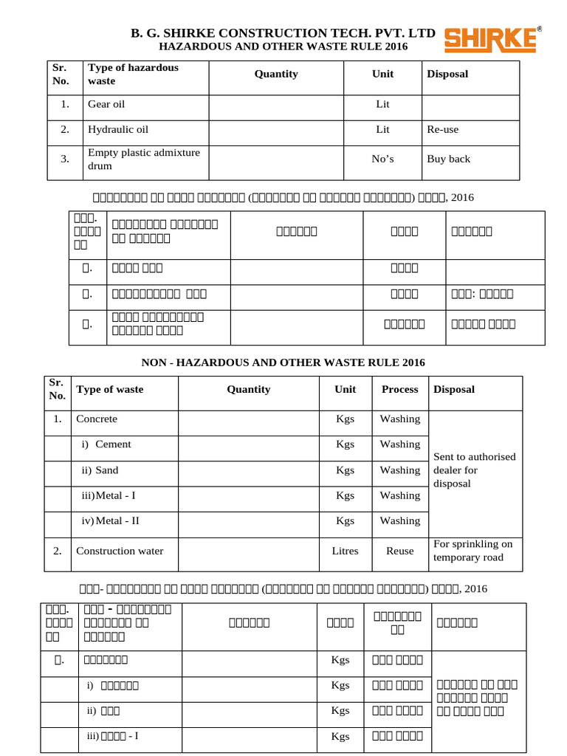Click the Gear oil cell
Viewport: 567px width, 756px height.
106,104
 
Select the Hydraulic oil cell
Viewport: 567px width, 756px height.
118,129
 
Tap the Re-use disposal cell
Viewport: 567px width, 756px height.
443,129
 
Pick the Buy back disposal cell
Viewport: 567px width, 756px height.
448,159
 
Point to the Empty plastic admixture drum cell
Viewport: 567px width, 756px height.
144,159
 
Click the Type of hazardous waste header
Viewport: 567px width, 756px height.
133,74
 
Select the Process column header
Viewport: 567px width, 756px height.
399,389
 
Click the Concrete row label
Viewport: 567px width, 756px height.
97,419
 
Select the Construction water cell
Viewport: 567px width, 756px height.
120,551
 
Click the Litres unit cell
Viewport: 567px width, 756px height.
345,551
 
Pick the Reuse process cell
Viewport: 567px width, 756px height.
399,551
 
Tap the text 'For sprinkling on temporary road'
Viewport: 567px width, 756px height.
473,551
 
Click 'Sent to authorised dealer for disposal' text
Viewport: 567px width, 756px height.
475,470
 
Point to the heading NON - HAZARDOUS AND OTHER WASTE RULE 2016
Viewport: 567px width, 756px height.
283,362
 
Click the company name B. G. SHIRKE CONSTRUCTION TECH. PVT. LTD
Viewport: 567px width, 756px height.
283,33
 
